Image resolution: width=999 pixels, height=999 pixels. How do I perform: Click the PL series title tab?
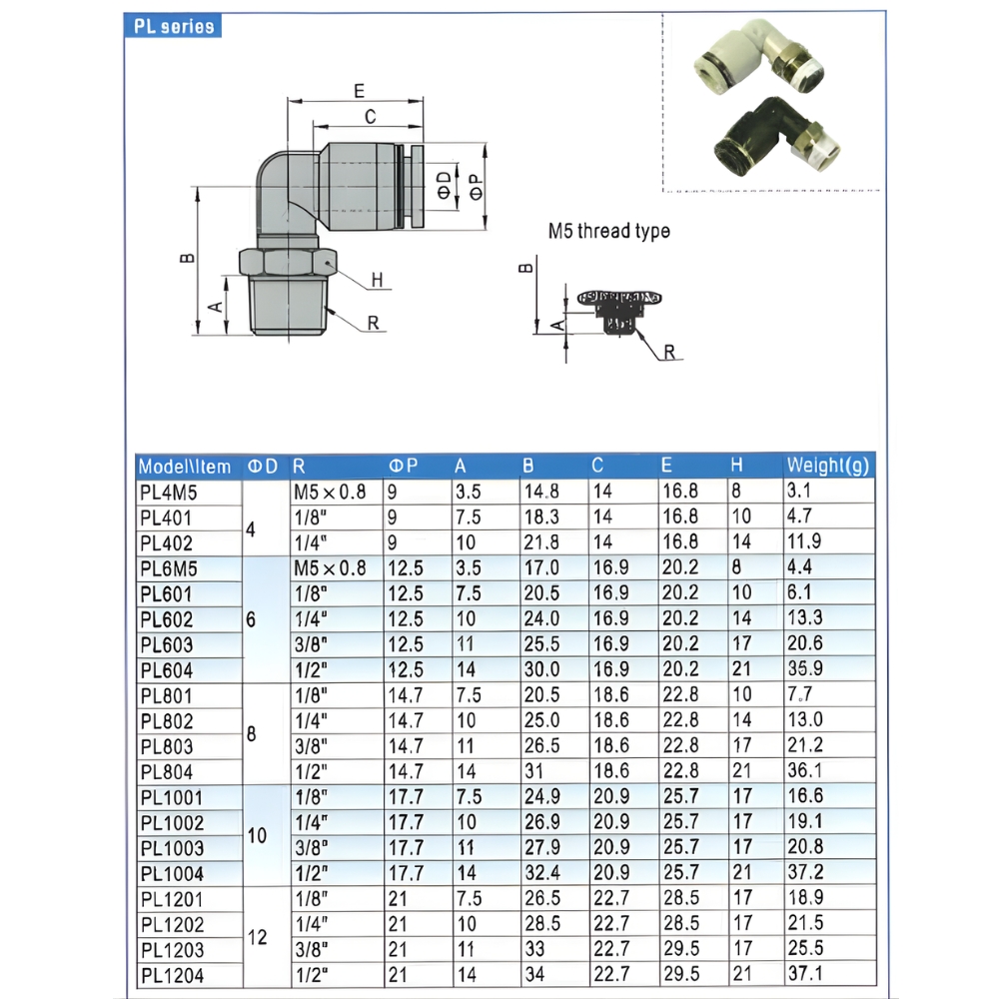[175, 27]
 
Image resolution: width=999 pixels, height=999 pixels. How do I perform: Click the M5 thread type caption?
[608, 231]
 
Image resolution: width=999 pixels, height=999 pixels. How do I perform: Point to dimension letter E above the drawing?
[359, 91]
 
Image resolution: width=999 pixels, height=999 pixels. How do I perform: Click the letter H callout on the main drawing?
[377, 281]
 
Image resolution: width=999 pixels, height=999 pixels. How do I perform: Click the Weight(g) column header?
[828, 466]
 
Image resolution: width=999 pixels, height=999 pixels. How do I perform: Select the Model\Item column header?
[185, 467]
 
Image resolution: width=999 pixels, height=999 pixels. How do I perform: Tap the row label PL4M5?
[168, 492]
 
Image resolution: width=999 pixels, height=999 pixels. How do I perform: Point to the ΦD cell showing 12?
[258, 936]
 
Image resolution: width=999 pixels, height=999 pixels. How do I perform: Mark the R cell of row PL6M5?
[329, 568]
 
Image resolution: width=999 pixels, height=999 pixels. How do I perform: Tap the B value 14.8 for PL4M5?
[540, 492]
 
